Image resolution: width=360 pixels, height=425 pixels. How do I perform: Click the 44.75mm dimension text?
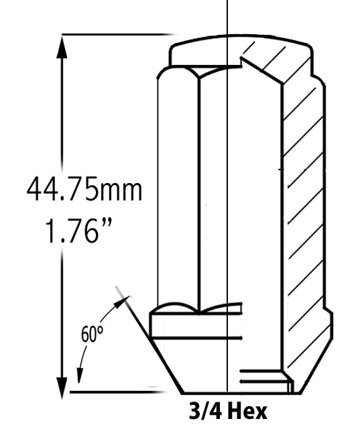click(84, 190)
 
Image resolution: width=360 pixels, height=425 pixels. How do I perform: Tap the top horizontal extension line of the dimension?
click(117, 34)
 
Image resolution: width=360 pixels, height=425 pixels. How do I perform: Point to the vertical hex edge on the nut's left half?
click(200, 194)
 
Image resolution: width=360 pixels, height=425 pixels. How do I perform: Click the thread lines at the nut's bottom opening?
click(265, 379)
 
